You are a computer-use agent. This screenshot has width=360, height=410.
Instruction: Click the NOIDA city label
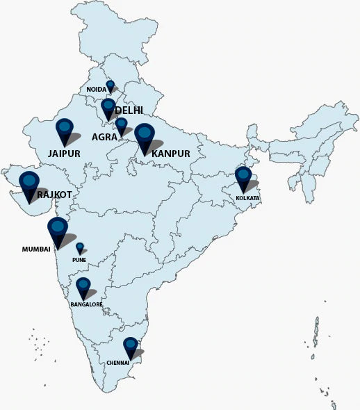point(97,90)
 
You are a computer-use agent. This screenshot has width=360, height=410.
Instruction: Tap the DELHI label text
point(129,110)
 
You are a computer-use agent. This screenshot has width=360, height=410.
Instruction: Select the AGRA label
point(104,138)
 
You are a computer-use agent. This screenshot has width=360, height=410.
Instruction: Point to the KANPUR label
point(171,153)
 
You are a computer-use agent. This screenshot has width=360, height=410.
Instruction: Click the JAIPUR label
point(65,153)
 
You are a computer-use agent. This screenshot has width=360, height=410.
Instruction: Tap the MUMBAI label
point(36,248)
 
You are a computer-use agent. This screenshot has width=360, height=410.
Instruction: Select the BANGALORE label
point(86,304)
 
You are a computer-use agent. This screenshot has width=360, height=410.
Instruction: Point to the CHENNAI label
point(117,363)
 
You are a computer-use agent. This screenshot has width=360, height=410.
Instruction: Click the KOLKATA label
point(247,199)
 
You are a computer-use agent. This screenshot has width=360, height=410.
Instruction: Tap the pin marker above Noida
point(110,85)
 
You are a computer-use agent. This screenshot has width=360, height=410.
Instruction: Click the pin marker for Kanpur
point(145,136)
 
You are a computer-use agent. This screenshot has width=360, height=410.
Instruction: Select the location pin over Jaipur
point(65,130)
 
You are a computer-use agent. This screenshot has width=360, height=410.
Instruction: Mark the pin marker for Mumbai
point(58,230)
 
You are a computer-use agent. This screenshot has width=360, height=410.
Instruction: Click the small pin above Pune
point(80,247)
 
